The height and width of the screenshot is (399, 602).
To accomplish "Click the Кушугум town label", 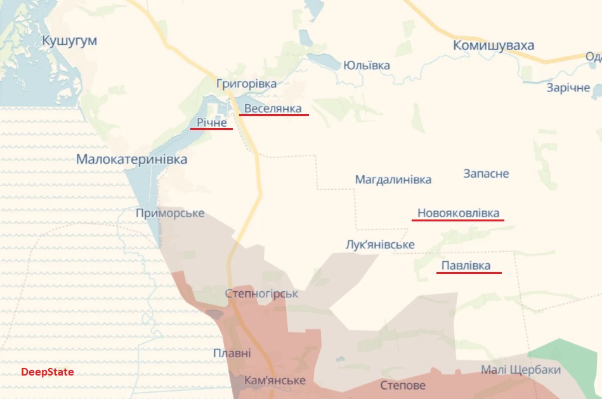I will tap(69, 41).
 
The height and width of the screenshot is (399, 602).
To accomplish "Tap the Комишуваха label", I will tap(494, 46).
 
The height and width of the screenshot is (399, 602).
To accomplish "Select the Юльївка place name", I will tap(366, 65).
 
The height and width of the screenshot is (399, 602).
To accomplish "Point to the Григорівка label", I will tap(246, 84).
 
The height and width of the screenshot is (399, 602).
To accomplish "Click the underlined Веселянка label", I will tap(273, 108).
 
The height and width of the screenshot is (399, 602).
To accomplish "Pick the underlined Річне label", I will tap(211, 122).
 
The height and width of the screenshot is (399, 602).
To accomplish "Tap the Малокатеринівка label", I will tap(131, 159).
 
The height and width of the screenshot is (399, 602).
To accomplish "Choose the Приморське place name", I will tap(170, 213).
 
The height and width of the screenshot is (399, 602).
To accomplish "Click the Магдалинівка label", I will tap(393, 180).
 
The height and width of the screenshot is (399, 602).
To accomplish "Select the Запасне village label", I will tap(486, 174).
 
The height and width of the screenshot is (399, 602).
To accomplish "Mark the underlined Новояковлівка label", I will tap(458, 213).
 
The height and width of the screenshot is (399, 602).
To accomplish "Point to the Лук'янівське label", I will tap(380, 245).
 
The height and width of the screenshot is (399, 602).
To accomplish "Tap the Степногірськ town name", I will tap(261, 294).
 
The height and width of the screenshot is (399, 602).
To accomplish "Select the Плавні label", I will tap(232, 353).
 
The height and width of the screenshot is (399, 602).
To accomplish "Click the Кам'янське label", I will tap(275, 381).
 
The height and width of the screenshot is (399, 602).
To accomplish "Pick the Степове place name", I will tap(403, 385).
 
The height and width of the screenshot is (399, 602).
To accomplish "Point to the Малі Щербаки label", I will tap(521, 370).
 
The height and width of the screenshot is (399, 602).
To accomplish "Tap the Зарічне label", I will tap(568, 88).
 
